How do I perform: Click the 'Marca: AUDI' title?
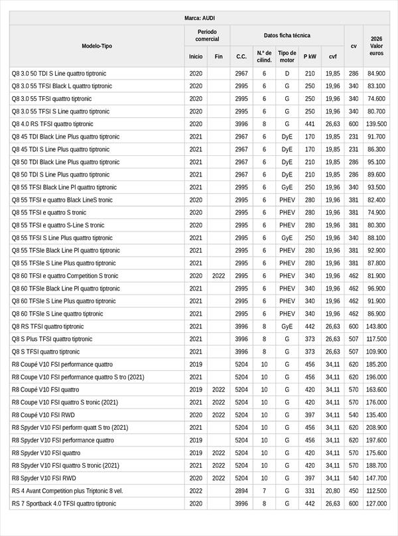pos(199,17)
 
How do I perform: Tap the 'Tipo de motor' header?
pos(287,56)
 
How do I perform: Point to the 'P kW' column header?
pos(310,56)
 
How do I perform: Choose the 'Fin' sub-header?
pos(218,56)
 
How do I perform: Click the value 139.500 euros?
pos(376,124)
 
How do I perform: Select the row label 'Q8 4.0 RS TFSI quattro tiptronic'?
pos(52,124)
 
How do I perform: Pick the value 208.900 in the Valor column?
pos(376,427)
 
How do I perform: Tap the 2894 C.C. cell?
pos(241,490)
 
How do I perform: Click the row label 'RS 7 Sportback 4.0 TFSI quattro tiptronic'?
pos(64,503)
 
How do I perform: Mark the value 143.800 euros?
pos(376,326)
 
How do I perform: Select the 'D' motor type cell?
pos(287,74)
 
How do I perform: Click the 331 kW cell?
pos(310,490)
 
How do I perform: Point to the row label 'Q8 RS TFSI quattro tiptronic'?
pos(48,326)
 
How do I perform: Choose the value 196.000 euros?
pos(376,377)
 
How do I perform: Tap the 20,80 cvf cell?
pos(332,490)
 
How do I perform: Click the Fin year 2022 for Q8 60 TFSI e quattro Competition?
pos(218,275)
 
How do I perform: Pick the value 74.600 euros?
pos(376,99)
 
